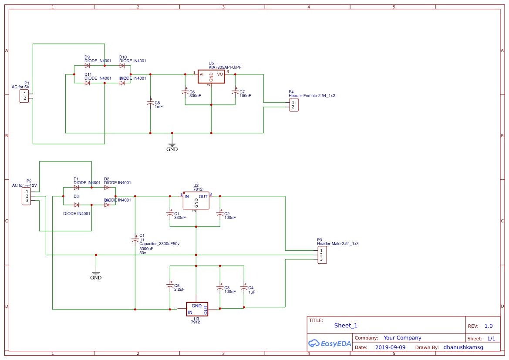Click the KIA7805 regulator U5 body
[211, 76]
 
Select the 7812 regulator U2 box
[196, 201]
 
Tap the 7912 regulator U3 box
[197, 309]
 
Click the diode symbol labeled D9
[87, 66]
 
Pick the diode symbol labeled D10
[122, 66]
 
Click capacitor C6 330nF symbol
[185, 92]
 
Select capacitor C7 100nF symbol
[235, 92]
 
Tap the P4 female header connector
[294, 105]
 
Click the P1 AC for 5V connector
[24, 96]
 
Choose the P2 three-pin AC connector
[27, 196]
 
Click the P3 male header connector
[321, 255]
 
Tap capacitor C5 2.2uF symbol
[170, 286]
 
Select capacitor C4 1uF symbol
[244, 288]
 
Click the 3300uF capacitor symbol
[135, 239]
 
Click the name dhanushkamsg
[463, 347]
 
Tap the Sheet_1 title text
[346, 326]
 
